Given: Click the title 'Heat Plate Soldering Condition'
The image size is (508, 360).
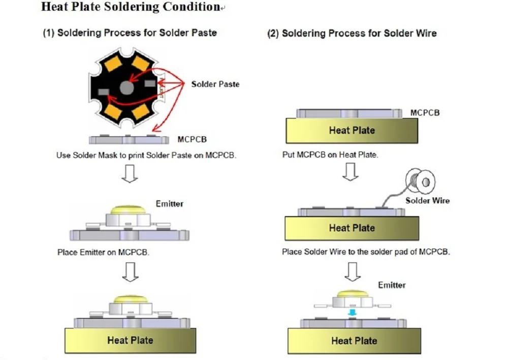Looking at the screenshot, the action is click(131, 7).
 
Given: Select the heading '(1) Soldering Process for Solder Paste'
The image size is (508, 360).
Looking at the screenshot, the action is click(130, 33).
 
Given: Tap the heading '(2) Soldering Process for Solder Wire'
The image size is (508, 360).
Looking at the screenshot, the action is click(352, 34).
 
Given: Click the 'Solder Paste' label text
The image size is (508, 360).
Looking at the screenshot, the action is click(215, 84).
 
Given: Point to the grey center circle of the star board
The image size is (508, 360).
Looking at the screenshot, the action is click(126, 87).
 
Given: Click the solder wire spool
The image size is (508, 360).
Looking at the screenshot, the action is click(420, 181).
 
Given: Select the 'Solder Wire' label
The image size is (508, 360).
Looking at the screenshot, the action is click(427, 201).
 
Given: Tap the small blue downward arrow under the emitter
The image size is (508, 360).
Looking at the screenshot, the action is click(352, 312).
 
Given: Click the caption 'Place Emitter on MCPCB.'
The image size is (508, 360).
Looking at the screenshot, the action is click(103, 252).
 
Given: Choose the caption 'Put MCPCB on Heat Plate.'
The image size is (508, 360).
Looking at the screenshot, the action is click(330, 155).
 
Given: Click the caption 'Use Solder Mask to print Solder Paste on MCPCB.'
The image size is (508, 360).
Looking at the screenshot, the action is click(146, 156).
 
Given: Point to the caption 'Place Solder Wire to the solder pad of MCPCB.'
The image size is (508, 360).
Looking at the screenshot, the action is click(366, 252).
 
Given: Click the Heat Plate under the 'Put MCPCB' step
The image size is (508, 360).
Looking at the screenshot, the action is click(352, 130).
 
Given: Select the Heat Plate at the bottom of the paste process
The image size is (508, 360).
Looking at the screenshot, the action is click(130, 340).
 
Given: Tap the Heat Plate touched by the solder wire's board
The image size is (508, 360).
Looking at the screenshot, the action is click(352, 228).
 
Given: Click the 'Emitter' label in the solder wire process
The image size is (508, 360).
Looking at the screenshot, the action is click(392, 285).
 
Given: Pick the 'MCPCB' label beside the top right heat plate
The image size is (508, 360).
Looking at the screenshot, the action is click(425, 113).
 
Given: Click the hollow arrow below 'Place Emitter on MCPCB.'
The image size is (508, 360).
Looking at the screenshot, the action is click(130, 272).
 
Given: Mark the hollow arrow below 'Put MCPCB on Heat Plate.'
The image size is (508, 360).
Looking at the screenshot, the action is click(351, 171).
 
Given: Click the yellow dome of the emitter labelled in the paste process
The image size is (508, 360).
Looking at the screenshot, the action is click(129, 209).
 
